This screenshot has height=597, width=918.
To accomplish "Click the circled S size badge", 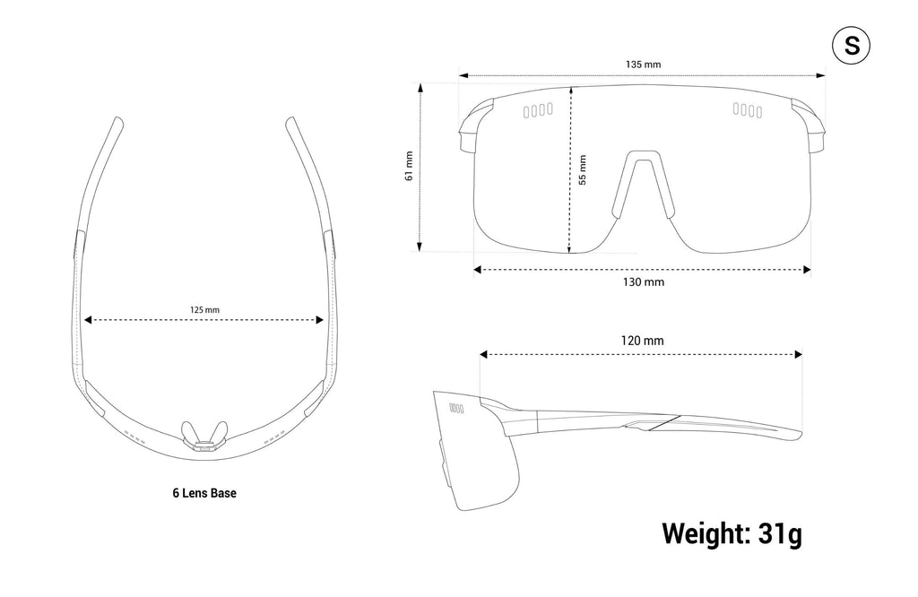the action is pyautogui.click(x=851, y=45).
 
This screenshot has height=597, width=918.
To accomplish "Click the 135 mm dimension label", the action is pyautogui.click(x=643, y=65).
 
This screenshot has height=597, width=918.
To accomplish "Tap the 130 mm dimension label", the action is pyautogui.click(x=643, y=282).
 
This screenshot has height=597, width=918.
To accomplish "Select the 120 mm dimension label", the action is pyautogui.click(x=642, y=341).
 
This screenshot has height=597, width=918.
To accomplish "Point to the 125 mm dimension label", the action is pyautogui.click(x=204, y=309).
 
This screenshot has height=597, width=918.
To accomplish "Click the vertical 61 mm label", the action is pyautogui.click(x=409, y=166).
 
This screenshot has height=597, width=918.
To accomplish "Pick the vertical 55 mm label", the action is pyautogui.click(x=582, y=169).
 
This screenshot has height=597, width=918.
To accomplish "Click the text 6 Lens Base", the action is pyautogui.click(x=204, y=493).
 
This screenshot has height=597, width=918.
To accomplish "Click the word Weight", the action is pyautogui.click(x=706, y=533).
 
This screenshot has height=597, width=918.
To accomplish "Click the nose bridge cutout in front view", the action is pyautogui.click(x=643, y=185).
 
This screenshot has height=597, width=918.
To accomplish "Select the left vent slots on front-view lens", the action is pyautogui.click(x=538, y=110).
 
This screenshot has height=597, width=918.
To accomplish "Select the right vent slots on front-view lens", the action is pyautogui.click(x=748, y=110).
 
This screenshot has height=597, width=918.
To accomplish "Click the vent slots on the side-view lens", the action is pyautogui.click(x=456, y=409).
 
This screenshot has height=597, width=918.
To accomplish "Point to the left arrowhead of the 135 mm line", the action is pyautogui.click(x=463, y=75).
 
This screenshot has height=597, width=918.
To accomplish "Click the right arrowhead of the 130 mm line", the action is pyautogui.click(x=808, y=270).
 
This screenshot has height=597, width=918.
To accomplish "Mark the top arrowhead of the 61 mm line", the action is pyautogui.click(x=420, y=87).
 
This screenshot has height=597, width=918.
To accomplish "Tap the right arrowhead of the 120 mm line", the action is pyautogui.click(x=798, y=354).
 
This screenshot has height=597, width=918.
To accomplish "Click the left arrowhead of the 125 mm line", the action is pyautogui.click(x=89, y=320).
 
